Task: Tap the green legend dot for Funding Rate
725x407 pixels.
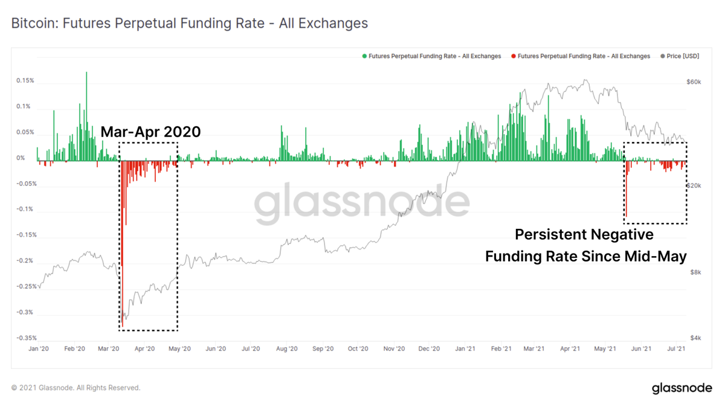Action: tap(364, 56)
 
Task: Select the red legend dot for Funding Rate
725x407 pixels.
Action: tap(514, 56)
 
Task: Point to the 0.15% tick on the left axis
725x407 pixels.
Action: tap(25, 80)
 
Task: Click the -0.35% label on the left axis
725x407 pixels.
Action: tap(26, 338)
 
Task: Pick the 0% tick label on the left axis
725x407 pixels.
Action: tap(21, 158)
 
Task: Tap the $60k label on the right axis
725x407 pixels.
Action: tap(694, 82)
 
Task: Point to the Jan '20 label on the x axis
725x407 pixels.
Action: tap(39, 348)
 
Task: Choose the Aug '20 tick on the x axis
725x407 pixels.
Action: tap(286, 348)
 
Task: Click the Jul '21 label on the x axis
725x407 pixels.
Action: tap(675, 348)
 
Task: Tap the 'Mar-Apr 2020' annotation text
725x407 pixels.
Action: tap(150, 132)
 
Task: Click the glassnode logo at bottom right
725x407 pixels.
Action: tap(682, 388)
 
